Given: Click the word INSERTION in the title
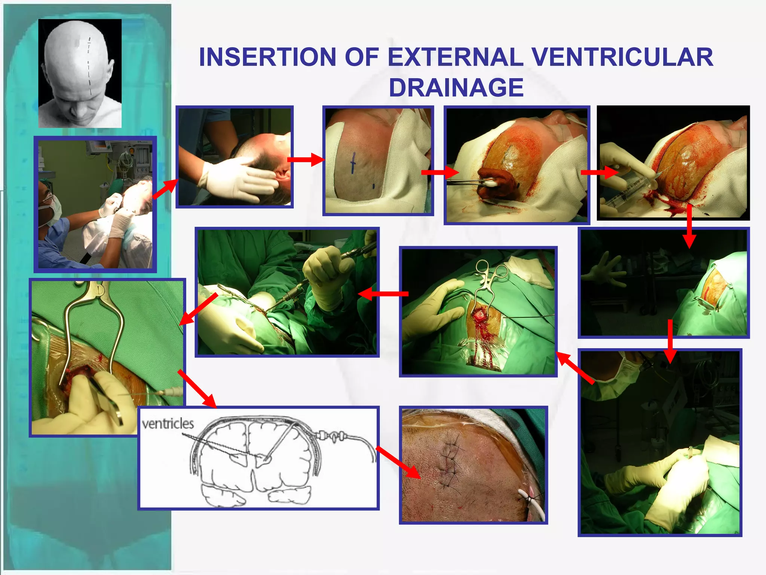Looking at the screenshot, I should point(267,57).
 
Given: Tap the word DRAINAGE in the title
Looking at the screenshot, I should point(456,88).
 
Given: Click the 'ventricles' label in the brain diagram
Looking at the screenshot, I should point(168,424).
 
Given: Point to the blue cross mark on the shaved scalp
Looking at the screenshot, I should point(352,163).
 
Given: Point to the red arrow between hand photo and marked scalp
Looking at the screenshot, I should point(305,160).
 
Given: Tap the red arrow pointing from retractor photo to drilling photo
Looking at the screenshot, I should point(383,294).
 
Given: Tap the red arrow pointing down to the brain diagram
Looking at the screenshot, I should point(197,389).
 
